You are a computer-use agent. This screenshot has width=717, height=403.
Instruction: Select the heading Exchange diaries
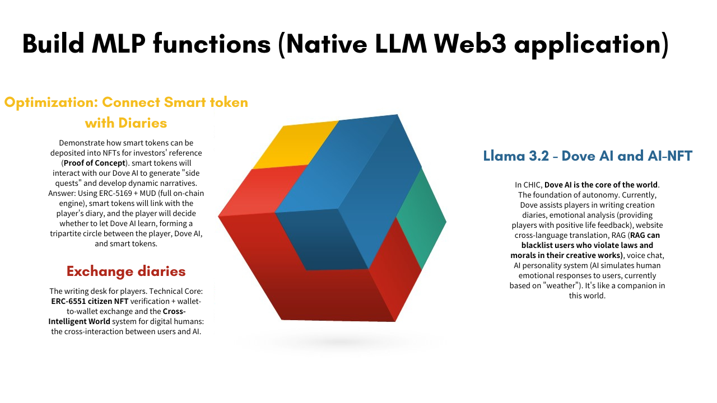tap(126, 271)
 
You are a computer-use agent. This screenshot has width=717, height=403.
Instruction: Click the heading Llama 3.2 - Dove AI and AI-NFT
tap(588, 156)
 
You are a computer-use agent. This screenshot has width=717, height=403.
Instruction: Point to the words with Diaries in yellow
tap(126, 122)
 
